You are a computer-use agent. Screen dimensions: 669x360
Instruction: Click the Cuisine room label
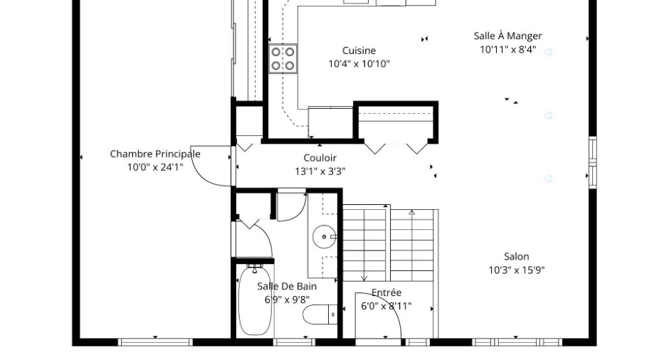[x=359, y=51]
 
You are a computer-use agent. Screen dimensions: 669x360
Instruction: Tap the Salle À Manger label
[x=507, y=36]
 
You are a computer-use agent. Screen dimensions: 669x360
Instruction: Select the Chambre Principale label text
[x=155, y=154]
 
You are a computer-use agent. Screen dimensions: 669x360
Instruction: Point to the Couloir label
[x=320, y=158]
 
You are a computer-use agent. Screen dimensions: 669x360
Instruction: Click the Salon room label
[x=516, y=257]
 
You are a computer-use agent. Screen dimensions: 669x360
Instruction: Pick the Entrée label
[x=386, y=292]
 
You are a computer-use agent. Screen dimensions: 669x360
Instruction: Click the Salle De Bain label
[x=287, y=286]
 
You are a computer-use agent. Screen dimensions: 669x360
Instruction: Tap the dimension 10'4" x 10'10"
[x=359, y=64]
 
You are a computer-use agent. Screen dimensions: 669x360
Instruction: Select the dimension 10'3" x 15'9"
[x=516, y=270]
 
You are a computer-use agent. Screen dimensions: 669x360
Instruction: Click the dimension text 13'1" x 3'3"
[x=320, y=171]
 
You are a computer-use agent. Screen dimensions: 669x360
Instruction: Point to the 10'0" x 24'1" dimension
[x=155, y=167]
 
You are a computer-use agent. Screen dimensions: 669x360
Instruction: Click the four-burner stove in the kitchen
[x=283, y=59]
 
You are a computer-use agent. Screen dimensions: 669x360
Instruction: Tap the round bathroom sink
[x=325, y=236]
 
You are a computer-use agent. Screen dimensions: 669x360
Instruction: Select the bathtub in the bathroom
[x=255, y=300]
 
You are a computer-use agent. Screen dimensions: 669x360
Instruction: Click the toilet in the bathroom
[x=320, y=315]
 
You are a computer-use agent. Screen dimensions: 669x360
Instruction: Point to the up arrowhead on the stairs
[x=412, y=212]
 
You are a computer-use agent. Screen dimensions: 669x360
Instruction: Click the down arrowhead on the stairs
[x=364, y=278]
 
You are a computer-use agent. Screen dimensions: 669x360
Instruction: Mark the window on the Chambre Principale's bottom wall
[x=155, y=342]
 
